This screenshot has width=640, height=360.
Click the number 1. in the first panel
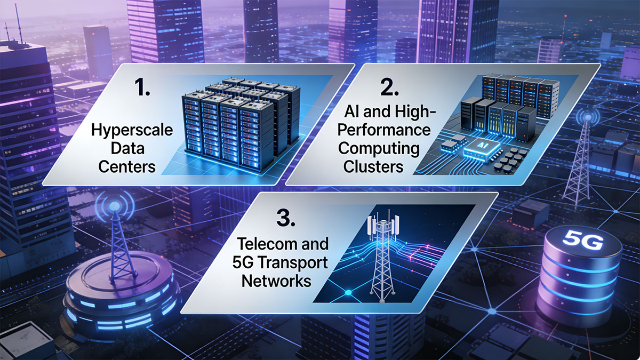[142, 87]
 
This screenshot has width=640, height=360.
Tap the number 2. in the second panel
[389, 87]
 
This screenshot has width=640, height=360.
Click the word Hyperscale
[132, 130]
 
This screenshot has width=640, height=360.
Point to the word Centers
[127, 167]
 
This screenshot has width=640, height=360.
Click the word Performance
[384, 130]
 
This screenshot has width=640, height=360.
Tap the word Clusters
[373, 167]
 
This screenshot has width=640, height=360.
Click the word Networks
[276, 281]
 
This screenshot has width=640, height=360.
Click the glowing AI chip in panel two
[482, 149]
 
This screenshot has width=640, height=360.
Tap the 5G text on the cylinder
[583, 241]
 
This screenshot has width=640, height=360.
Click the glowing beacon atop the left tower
[114, 205]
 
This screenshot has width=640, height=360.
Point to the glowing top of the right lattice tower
[587, 117]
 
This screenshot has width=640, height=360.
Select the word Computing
[379, 149]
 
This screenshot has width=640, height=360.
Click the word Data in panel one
[127, 149]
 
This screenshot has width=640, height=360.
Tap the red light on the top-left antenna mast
[15, 5]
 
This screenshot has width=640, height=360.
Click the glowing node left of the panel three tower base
[348, 292]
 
